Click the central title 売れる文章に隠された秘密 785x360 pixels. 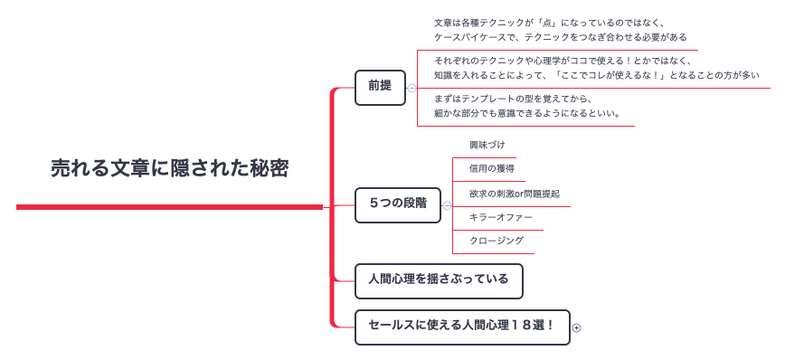tap(169, 168)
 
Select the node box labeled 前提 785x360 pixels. tap(380, 87)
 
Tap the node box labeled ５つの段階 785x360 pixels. tap(398, 204)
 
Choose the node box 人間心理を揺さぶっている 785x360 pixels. tap(439, 279)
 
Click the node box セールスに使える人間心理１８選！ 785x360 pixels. tap(462, 326)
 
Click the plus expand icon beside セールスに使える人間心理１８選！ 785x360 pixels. tap(577, 327)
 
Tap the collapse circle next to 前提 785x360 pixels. tap(412, 88)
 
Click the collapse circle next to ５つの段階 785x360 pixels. tap(447, 205)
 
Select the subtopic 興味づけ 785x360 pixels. tap(487, 145)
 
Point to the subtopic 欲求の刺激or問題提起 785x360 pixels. tap(514, 194)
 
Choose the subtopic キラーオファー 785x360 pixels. tap(501, 218)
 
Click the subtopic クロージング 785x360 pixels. tap(497, 242)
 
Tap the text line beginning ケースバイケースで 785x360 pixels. tap(561, 38)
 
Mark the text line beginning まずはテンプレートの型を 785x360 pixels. tap(514, 99)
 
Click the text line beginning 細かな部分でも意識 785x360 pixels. tap(527, 114)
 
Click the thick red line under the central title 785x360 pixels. tap(169, 207)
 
